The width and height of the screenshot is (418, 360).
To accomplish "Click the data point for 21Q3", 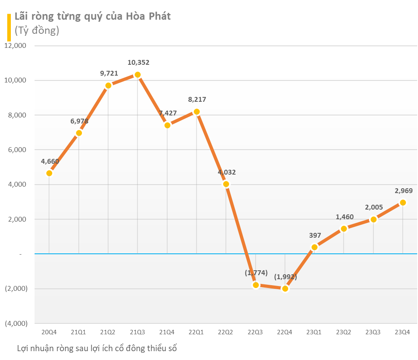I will tap(137, 74).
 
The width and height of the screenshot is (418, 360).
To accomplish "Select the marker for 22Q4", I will tap(285, 288).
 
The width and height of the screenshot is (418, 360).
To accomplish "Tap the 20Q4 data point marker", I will tap(49, 173).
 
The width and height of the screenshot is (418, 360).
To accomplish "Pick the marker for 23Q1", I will tap(314, 247).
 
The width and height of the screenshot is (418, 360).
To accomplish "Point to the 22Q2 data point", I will tap(226, 184).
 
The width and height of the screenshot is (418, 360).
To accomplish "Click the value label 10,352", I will tap(138, 62).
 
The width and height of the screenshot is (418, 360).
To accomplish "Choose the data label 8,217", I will tap(197, 99).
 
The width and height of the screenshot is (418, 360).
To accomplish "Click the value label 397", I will tap(315, 235).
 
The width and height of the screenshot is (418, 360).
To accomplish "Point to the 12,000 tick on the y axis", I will tap(15, 45).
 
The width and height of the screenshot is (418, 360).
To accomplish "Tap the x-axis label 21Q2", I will tap(108, 332).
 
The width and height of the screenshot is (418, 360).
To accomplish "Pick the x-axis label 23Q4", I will tap(402, 332).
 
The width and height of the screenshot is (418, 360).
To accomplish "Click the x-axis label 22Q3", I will tap(255, 332).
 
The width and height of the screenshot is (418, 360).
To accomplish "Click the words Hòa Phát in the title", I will tap(148, 16).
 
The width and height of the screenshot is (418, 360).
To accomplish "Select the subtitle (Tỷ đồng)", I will tap(37, 30).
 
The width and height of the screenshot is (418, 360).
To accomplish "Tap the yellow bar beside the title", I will tap(9, 27).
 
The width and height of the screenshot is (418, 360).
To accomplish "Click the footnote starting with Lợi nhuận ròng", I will tap(97, 348).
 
